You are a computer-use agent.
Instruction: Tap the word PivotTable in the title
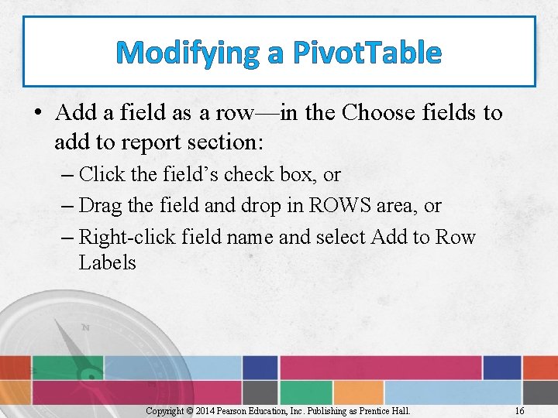(x=367, y=53)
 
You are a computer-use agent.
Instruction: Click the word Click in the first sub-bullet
(x=101, y=174)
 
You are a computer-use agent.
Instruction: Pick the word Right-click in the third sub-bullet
(x=128, y=237)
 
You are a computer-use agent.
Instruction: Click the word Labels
(x=107, y=263)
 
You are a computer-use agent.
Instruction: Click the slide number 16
(x=520, y=411)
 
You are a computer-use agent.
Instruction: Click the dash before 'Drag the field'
(x=67, y=206)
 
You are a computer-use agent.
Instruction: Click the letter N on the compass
(x=85, y=327)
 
